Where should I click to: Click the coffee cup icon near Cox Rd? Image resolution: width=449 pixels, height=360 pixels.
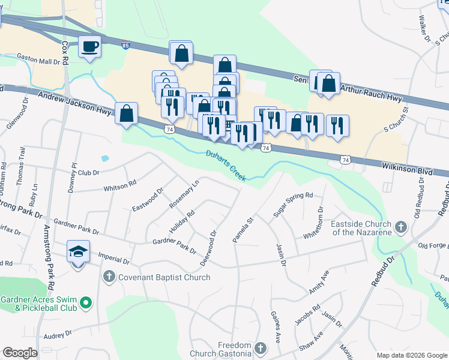coord(90,46)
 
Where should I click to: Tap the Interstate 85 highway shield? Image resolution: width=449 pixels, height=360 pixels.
coord(125,45)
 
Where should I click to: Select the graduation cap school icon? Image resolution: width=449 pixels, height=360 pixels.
coord(78,252)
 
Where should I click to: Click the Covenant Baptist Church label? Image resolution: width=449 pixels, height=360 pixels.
coord(164,277)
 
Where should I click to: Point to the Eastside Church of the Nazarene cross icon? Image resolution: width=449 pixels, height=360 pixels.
coord(401,228)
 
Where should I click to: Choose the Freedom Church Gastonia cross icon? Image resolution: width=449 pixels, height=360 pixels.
coord(261,348)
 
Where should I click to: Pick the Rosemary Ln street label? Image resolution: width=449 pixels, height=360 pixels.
coord(184,196)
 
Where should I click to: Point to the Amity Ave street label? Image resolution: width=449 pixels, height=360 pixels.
coord(319,282)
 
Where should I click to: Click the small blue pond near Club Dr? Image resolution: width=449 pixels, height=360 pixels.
coord(106,159)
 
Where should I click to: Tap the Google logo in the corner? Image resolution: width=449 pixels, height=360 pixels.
coord(20,352)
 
